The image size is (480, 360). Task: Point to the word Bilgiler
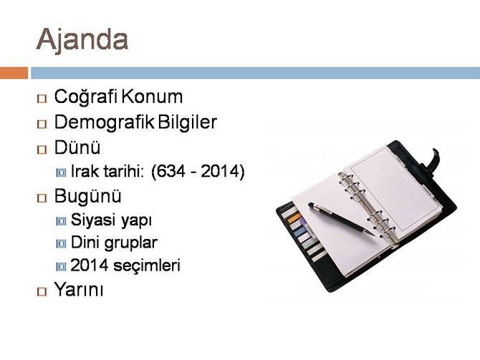188,122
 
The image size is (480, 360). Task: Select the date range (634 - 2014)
198,172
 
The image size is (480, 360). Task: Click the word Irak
87,172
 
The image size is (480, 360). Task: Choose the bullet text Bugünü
87,196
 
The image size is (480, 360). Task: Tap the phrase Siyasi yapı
111,220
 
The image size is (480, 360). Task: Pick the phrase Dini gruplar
114,243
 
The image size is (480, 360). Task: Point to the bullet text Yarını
80,291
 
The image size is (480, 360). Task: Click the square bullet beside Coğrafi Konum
42,98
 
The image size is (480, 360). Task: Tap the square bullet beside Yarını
42,292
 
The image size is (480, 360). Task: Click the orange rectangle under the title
14,72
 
